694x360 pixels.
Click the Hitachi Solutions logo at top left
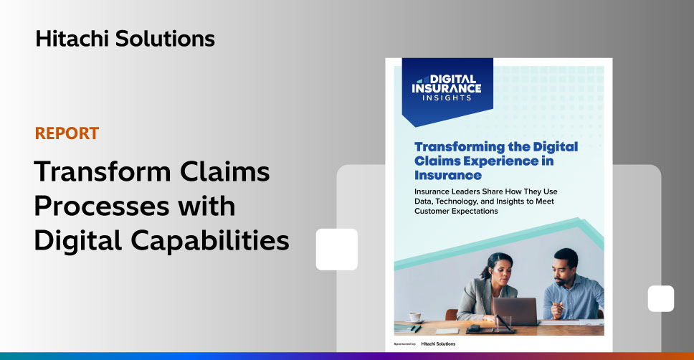pyautogui.click(x=125, y=39)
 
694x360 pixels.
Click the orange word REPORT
pyautogui.click(x=67, y=133)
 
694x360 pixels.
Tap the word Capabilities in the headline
pyautogui.click(x=210, y=241)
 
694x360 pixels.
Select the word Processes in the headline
pyautogui.click(x=103, y=206)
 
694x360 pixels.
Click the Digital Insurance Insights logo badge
pyautogui.click(x=447, y=91)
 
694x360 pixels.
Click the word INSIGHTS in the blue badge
pyautogui.click(x=447, y=98)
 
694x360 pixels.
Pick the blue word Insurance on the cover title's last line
pyautogui.click(x=448, y=176)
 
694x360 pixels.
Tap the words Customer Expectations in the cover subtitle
pyautogui.click(x=456, y=212)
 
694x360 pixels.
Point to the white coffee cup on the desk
pyautogui.click(x=414, y=317)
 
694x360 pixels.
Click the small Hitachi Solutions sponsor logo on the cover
pyautogui.click(x=438, y=344)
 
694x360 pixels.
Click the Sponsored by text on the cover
pyautogui.click(x=404, y=344)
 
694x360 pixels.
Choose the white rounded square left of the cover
pyautogui.click(x=336, y=250)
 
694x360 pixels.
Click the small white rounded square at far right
pyautogui.click(x=661, y=298)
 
